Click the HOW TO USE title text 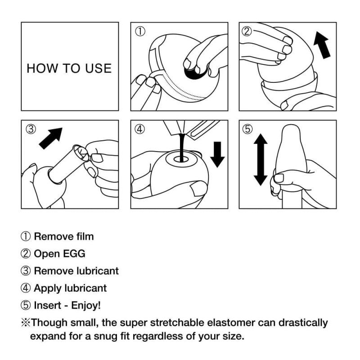coord(69,68)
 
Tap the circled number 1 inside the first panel coord(140,31)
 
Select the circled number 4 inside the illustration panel coord(140,129)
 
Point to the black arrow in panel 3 coord(51,138)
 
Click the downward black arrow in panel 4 coord(217,153)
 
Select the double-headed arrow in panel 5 coord(261,160)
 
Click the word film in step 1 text coord(84,236)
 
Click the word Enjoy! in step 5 coord(88,305)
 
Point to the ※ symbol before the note coord(25,323)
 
